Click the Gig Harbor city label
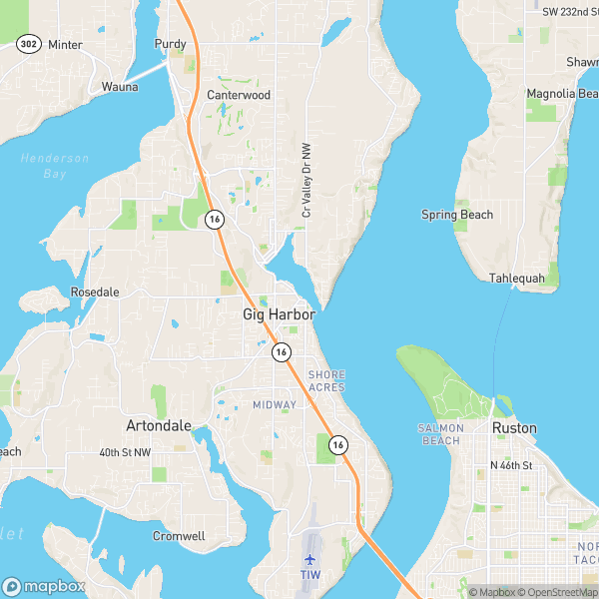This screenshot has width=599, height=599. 279,314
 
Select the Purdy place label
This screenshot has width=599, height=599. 171,44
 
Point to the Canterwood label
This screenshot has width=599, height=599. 239,96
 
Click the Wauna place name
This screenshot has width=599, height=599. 120,87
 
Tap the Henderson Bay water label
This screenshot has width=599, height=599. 54,166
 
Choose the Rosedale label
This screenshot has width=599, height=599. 95,292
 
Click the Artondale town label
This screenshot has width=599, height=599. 159,425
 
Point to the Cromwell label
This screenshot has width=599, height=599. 179,536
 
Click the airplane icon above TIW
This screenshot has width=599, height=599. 309,558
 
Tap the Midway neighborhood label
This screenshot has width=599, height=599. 274,404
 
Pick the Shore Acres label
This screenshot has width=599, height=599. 326,380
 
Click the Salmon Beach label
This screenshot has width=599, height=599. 440,433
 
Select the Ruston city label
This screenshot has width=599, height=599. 514,428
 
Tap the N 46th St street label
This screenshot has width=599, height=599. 511,465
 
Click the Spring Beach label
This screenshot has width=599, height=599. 456,215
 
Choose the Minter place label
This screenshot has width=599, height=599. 65,45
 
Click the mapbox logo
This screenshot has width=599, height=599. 45,586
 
